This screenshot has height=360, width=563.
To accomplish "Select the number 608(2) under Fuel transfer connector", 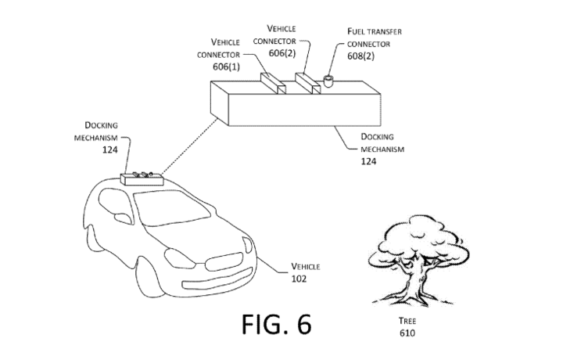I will (x=362, y=56).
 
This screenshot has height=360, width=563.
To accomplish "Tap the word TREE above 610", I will (x=406, y=321).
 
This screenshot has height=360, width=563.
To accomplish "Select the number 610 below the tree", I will (x=406, y=333).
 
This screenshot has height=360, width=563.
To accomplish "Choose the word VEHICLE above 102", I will (x=306, y=267).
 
